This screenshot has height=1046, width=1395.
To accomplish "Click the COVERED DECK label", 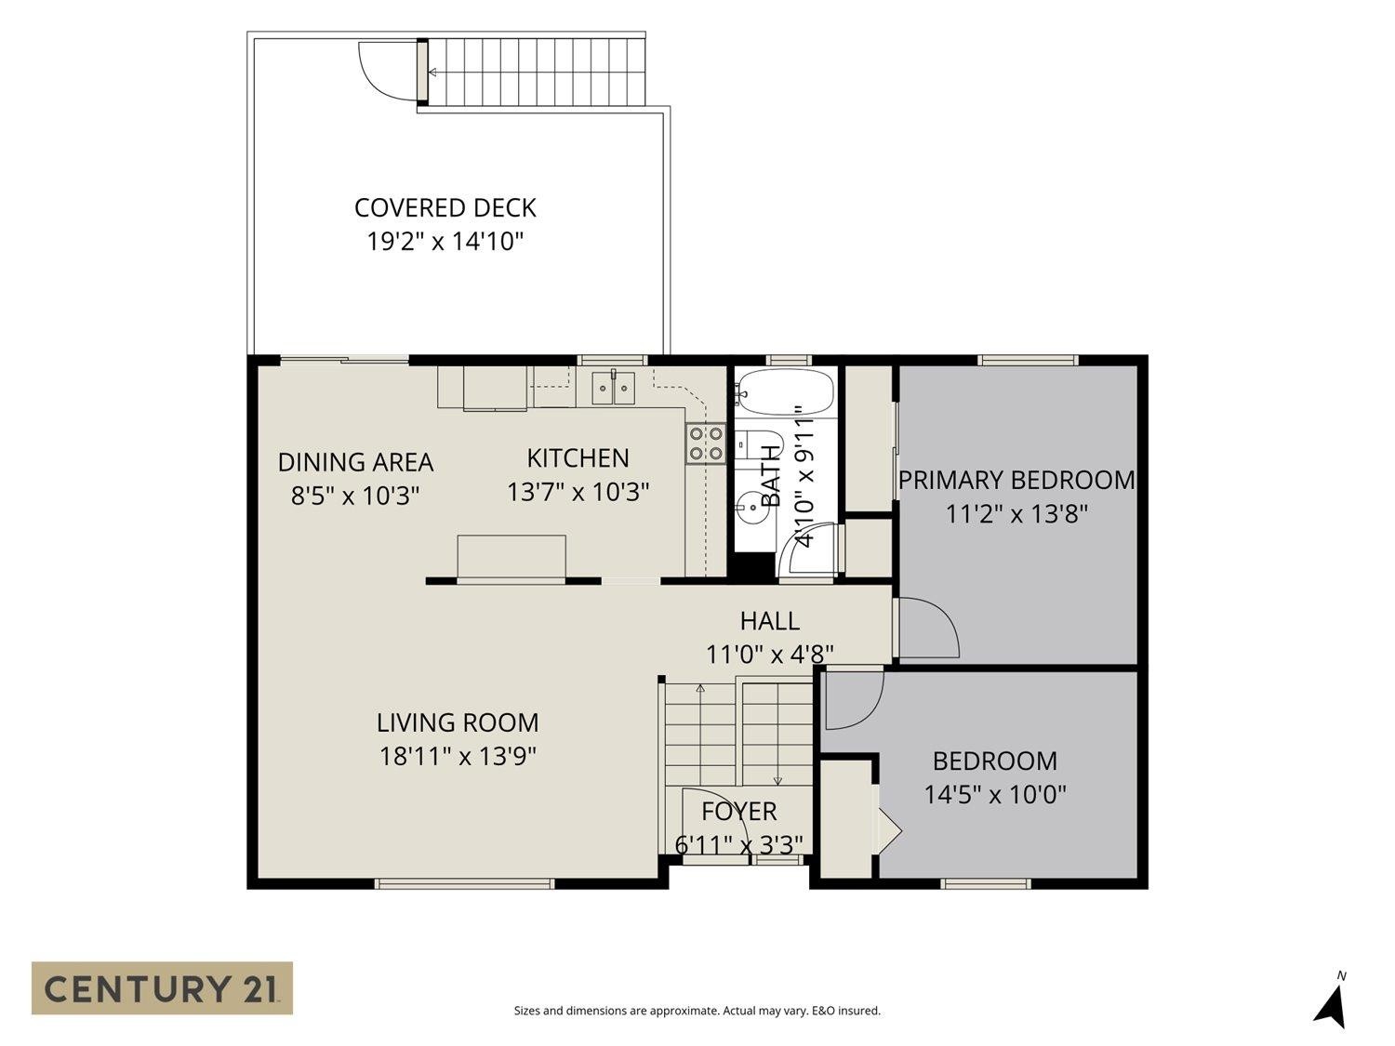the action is [445, 208].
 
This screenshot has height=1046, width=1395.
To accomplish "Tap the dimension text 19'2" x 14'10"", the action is [445, 242].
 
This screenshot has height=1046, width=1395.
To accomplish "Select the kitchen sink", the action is [613, 388].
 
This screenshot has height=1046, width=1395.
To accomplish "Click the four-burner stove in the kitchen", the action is [706, 444].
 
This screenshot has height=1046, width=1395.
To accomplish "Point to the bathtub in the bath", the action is [784, 391].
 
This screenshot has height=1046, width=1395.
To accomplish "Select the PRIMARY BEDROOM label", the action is [1016, 480].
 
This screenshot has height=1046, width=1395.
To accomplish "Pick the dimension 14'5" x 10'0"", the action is [994, 795].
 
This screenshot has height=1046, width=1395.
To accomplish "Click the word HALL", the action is [770, 620].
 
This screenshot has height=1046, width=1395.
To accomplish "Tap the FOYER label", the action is [739, 812].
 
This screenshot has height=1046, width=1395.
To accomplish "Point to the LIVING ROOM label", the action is [458, 722].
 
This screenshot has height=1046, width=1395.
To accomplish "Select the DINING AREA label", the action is [355, 462].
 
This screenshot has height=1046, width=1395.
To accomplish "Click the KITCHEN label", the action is [578, 458].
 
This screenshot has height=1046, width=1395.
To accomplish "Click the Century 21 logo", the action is [162, 989].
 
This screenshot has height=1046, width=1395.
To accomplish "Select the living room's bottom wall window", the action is [465, 883].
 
